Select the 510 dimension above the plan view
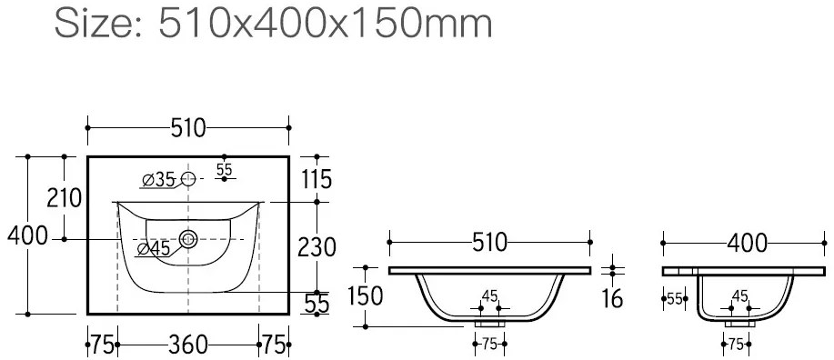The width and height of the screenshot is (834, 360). tap(187, 128)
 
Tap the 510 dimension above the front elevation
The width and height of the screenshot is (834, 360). tap(490, 243)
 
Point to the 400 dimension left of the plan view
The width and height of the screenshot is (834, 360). tap(27, 235)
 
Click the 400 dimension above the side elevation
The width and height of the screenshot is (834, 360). tap(748, 244)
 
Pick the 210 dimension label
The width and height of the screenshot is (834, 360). tap(65, 198)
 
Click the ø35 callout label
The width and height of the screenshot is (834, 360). tap(158, 180)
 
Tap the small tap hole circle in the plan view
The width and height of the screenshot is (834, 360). tap(188, 179)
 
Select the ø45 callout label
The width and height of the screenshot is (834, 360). tap(153, 248)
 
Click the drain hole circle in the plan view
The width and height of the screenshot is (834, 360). tap(187, 239)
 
